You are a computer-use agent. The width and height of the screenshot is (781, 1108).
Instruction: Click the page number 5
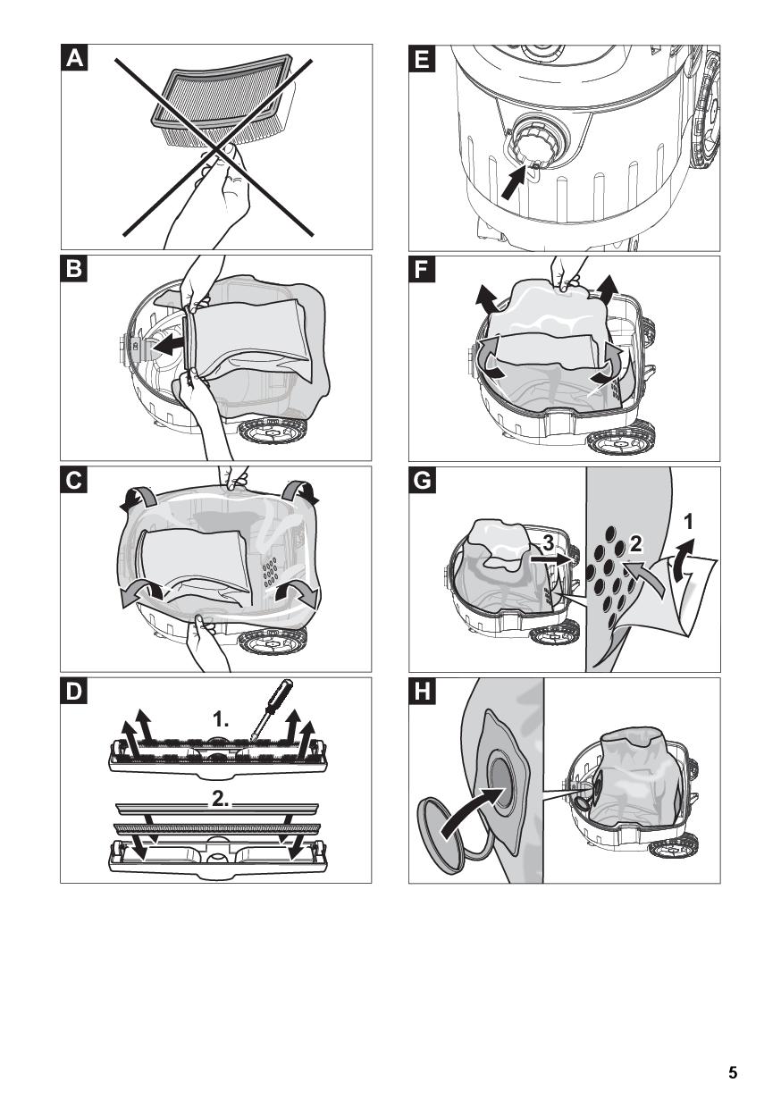733,1073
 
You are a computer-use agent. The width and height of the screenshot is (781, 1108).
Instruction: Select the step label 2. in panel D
221,802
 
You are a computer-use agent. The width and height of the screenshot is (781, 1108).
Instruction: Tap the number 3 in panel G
549,540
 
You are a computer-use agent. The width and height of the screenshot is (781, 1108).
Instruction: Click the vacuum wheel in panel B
267,432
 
